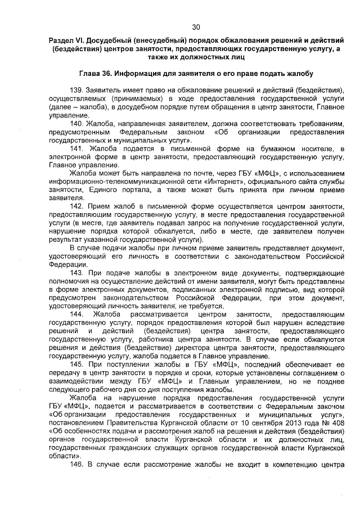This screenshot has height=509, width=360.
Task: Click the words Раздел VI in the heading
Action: [66, 42]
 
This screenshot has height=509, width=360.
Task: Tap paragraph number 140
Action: [77, 123]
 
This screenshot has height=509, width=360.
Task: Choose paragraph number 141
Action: [78, 148]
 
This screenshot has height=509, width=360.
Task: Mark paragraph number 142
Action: [77, 206]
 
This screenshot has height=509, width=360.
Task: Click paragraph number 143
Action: [78, 272]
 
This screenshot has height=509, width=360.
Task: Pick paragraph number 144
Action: [78, 313]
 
